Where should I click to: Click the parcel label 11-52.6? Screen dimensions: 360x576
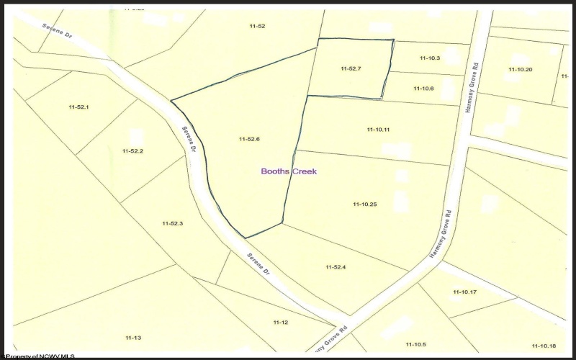[248, 138]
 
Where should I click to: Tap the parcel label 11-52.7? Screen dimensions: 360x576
[351, 68]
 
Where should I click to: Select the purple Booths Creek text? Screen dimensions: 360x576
[288, 171]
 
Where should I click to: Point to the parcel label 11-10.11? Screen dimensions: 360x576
[377, 129]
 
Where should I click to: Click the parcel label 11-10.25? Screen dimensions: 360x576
[365, 204]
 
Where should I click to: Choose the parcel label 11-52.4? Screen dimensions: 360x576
[336, 267]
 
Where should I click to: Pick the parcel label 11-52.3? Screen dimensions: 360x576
[172, 224]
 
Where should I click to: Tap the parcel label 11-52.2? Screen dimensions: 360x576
[133, 151]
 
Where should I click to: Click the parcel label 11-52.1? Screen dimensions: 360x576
[78, 107]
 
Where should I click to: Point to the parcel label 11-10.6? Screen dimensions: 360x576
[423, 88]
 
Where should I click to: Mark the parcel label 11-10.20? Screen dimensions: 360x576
[520, 69]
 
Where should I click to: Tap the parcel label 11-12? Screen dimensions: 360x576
[280, 322]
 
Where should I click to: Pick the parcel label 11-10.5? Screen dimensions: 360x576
[415, 344]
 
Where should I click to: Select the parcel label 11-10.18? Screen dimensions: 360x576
[544, 345]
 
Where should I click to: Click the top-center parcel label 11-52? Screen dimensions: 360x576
[257, 26]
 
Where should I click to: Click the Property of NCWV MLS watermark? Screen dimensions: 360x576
[39, 356]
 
